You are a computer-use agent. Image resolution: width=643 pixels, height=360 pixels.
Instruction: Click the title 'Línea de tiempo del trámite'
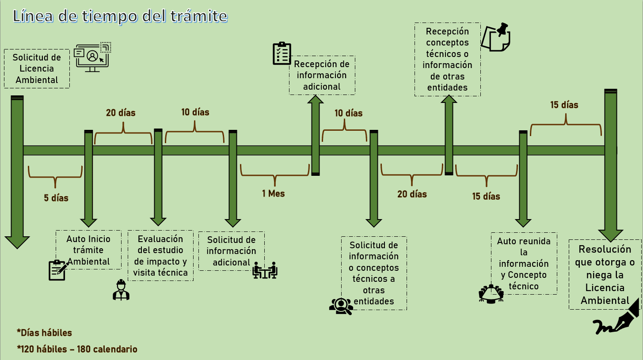pyautogui.click(x=120, y=16)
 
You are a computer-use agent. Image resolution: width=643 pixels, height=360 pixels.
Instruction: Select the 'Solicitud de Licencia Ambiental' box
pyautogui.click(x=37, y=68)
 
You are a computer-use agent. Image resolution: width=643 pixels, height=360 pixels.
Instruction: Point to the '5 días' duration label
pyautogui.click(x=56, y=198)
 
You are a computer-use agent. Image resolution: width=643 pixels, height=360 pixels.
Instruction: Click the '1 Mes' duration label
pyautogui.click(x=274, y=193)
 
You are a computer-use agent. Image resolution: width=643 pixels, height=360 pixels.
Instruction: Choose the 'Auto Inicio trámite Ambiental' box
pyautogui.click(x=88, y=250)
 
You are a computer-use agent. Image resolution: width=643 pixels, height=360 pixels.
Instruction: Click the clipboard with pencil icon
pyautogui.click(x=57, y=270)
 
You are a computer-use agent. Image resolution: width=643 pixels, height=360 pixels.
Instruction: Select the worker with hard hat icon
pyautogui.click(x=121, y=290)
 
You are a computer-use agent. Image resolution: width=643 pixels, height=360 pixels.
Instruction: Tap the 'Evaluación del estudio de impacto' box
pyautogui.click(x=160, y=256)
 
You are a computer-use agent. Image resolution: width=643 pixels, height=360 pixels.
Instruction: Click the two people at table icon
pyautogui.click(x=265, y=270)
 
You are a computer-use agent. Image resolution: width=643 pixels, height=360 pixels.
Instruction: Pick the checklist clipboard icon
pyautogui.click(x=282, y=54)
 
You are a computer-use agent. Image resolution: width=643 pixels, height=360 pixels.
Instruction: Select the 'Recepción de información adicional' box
pyautogui.click(x=322, y=75)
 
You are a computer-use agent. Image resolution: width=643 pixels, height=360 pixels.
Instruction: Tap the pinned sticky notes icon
pyautogui.click(x=495, y=38)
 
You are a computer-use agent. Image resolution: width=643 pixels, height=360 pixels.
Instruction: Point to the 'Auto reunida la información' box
pyautogui.click(x=524, y=264)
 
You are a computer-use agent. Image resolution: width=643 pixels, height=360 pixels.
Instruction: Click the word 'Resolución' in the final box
pyautogui.click(x=605, y=249)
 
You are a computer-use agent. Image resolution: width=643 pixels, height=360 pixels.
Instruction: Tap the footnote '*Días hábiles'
pyautogui.click(x=44, y=333)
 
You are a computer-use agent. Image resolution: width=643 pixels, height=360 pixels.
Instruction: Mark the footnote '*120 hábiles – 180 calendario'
pyautogui.click(x=77, y=349)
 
